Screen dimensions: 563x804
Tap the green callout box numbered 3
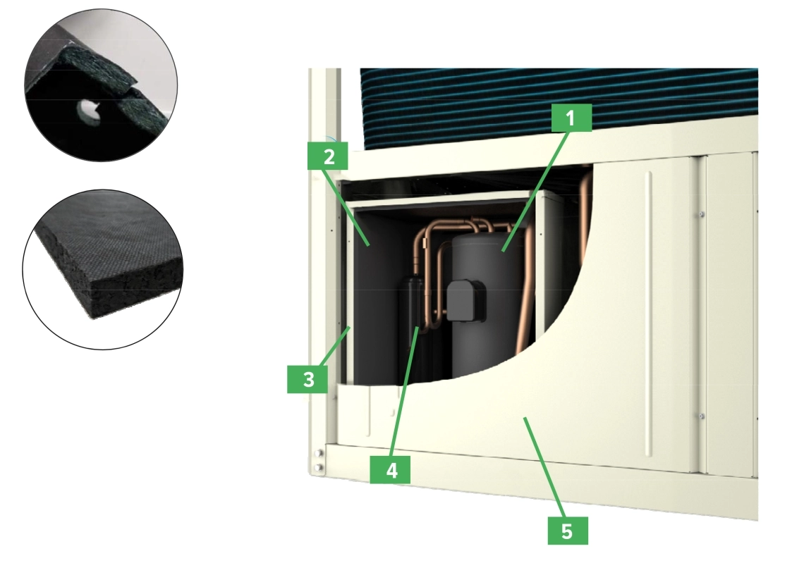pyautogui.click(x=308, y=380)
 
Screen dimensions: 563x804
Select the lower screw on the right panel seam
pyautogui.click(x=700, y=416)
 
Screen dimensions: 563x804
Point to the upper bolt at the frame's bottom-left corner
pyautogui.click(x=319, y=453)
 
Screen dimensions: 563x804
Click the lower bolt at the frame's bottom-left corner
pyautogui.click(x=319, y=466)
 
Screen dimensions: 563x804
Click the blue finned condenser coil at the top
pyautogui.click(x=557, y=99)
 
